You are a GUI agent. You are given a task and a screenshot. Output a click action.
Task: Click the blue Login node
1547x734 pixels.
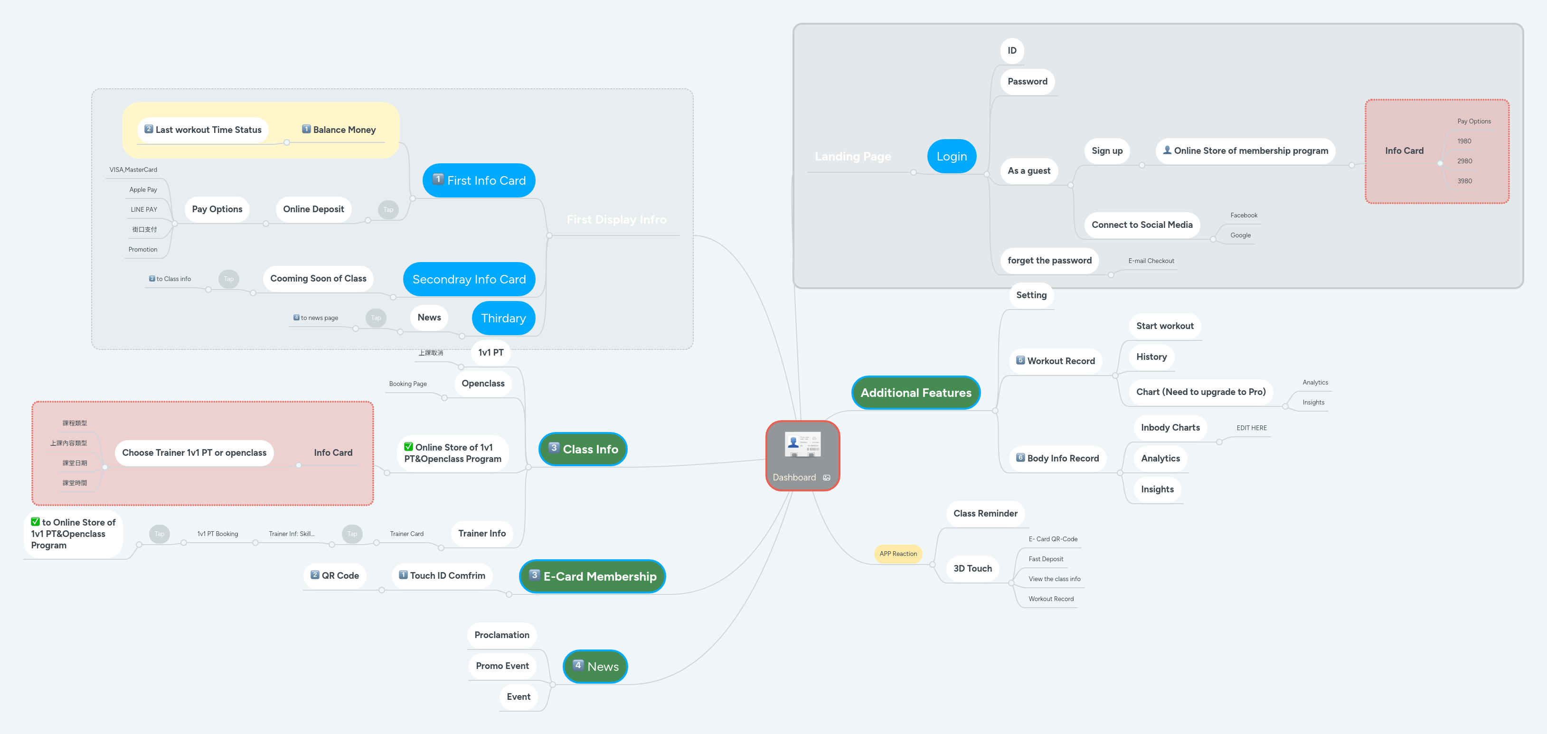[x=951, y=156]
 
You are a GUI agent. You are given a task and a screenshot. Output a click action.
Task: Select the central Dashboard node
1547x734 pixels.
[x=802, y=456]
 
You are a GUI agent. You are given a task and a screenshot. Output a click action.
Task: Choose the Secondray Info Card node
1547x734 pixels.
[x=469, y=279]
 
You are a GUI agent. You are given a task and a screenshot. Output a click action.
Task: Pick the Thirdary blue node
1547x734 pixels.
[x=503, y=319]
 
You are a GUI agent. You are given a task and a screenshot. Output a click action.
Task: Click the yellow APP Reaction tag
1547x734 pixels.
[x=898, y=554]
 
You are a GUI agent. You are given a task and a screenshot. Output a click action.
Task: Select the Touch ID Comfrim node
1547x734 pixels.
[x=442, y=575]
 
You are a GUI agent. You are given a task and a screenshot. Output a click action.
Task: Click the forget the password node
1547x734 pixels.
[x=1049, y=260]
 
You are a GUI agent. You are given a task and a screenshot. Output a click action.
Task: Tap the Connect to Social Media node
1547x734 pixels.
[x=1141, y=225]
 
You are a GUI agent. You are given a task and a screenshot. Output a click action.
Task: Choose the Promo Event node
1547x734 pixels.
[x=502, y=666]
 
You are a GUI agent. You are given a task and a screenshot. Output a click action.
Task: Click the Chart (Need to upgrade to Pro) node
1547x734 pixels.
[x=1200, y=392]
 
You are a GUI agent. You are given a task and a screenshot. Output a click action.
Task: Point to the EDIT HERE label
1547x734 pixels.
[x=1252, y=428]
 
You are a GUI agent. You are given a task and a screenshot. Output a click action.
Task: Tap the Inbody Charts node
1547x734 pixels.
[x=1170, y=427]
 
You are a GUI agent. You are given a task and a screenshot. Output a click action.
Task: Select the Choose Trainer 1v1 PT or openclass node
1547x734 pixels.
[x=194, y=452]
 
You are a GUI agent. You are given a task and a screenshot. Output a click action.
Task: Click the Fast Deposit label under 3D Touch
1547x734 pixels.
[x=1046, y=559]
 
